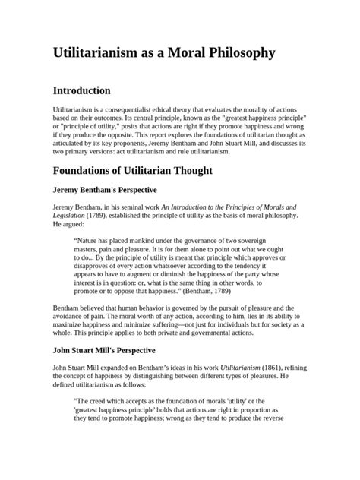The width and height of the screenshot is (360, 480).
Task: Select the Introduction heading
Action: (92, 91)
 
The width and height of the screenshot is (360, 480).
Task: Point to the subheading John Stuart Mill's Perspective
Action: (104, 351)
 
